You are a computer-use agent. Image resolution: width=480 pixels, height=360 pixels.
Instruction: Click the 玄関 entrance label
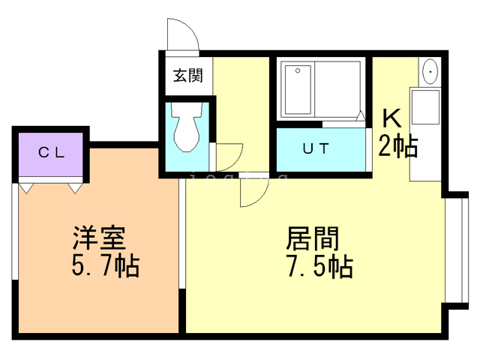187,75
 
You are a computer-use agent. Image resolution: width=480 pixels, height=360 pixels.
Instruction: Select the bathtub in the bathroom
299,90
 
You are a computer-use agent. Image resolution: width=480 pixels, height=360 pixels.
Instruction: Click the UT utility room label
315,148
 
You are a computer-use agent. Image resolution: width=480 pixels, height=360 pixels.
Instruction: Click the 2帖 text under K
397,146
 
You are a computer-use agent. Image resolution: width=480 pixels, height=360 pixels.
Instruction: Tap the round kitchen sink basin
430,73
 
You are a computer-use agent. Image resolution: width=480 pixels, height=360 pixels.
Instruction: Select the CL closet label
51,152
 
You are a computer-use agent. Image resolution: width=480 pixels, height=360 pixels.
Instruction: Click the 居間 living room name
313,238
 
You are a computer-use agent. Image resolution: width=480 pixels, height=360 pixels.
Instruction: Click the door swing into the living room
252,193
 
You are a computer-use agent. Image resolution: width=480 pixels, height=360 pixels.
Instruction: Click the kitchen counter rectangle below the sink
425,135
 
